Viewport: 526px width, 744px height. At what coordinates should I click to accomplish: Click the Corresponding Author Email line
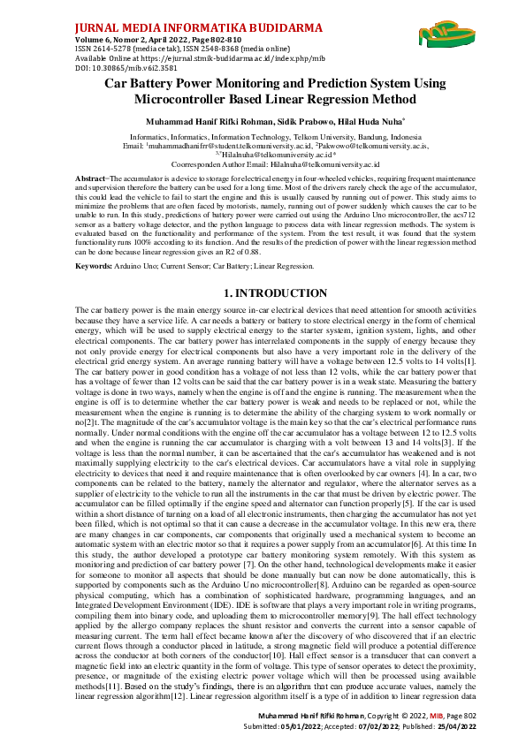[263, 164]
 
